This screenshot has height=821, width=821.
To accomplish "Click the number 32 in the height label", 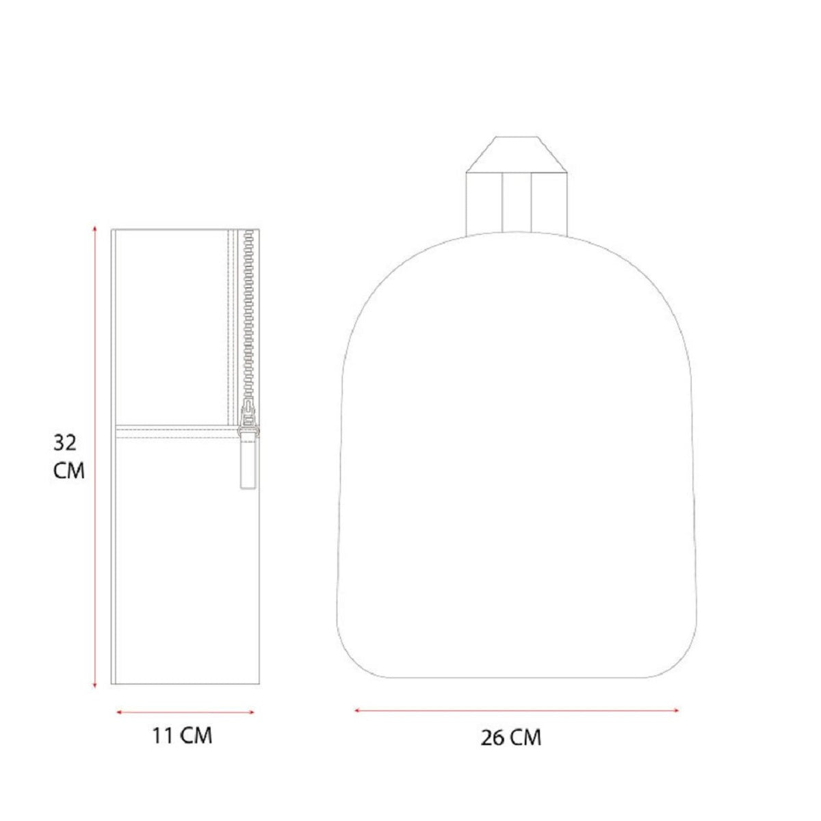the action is [x=65, y=443].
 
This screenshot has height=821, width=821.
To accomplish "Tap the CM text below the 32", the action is [x=68, y=471].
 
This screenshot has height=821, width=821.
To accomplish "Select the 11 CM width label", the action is [x=183, y=735].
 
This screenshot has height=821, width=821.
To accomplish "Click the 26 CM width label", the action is [x=511, y=738].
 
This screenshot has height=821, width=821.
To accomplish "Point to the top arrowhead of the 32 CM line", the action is [x=94, y=228].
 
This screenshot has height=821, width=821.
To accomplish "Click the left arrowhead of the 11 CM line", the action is [x=119, y=712].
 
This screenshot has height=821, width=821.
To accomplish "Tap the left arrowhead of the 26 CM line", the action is [x=357, y=710].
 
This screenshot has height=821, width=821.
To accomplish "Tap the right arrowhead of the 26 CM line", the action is [x=676, y=710].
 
